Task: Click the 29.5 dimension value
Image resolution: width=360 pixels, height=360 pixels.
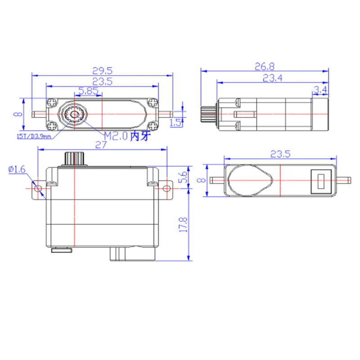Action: [103, 71]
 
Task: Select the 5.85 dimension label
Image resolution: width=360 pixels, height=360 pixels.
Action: [88, 91]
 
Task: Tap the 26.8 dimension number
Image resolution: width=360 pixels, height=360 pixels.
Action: [265, 67]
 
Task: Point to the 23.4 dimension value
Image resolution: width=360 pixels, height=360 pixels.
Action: [273, 78]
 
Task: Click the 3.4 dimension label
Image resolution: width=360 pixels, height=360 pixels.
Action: [320, 90]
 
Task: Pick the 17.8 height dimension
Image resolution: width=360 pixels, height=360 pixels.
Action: [183, 225]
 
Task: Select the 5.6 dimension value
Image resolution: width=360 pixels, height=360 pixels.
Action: [183, 177]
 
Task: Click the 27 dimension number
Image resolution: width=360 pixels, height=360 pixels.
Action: [101, 145]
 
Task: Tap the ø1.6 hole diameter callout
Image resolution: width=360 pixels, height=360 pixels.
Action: [17, 169]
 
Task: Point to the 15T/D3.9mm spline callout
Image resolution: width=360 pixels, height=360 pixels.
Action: [34, 136]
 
